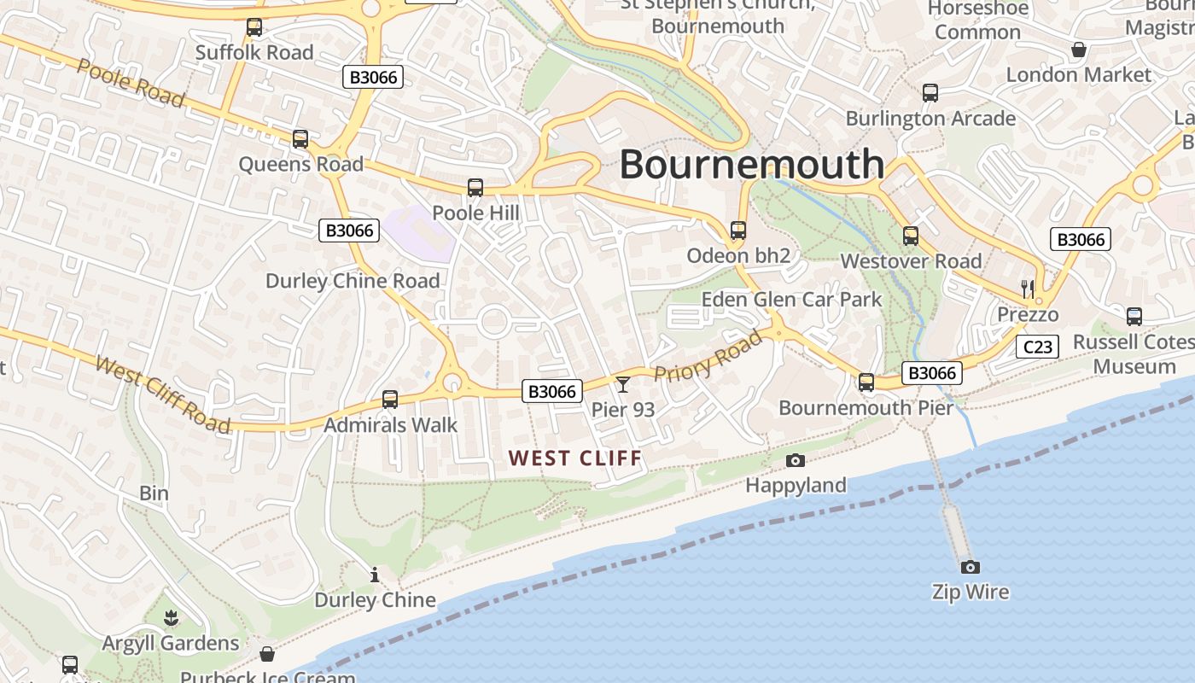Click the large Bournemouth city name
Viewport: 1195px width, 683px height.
click(x=752, y=164)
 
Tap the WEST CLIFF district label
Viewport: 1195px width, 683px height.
click(x=575, y=458)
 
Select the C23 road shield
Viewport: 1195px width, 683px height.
click(x=1038, y=347)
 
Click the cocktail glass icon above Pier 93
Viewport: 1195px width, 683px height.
click(x=623, y=384)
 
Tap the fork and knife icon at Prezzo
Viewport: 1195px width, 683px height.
click(x=1028, y=289)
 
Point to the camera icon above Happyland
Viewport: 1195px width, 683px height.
click(x=796, y=461)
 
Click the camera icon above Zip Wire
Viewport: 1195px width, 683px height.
click(x=970, y=567)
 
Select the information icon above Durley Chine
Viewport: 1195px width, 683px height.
click(x=375, y=575)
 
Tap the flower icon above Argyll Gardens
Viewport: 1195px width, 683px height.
click(x=171, y=617)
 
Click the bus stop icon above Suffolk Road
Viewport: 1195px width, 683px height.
click(x=254, y=27)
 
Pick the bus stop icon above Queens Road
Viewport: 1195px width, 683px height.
click(x=300, y=139)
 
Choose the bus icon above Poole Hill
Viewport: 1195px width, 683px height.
click(x=475, y=188)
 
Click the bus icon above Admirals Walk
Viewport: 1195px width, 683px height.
click(x=390, y=399)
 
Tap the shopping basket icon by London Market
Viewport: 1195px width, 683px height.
click(x=1079, y=50)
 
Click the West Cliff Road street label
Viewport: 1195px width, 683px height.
click(x=162, y=395)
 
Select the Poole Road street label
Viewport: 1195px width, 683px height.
click(x=130, y=83)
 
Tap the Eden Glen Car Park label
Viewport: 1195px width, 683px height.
click(x=791, y=300)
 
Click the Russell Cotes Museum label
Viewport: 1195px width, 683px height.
click(x=1134, y=354)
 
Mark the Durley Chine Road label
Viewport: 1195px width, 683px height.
click(x=353, y=281)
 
